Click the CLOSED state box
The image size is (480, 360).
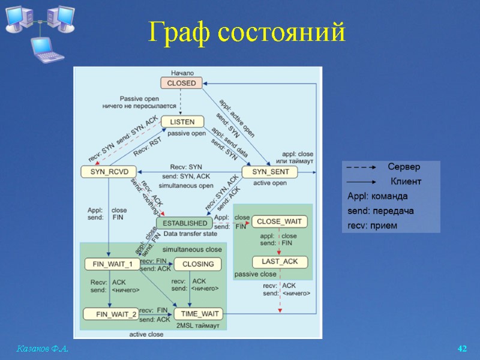(181, 83)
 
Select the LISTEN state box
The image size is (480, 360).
(182, 122)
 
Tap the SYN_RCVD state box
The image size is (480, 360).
(105, 172)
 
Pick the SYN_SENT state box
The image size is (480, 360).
(269, 172)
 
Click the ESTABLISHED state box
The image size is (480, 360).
(185, 223)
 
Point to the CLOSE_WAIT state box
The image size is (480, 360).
(279, 221)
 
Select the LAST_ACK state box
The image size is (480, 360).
(280, 262)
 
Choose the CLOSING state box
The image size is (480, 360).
(197, 264)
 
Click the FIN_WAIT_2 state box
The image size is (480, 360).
(111, 314)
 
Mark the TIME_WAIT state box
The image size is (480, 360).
(198, 314)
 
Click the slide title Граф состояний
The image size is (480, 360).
(247, 32)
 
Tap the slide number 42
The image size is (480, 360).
(462, 349)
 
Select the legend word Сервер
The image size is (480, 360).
(404, 167)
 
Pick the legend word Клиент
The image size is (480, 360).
(406, 181)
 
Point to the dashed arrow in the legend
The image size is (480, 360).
(361, 167)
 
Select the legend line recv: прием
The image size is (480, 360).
(373, 226)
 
